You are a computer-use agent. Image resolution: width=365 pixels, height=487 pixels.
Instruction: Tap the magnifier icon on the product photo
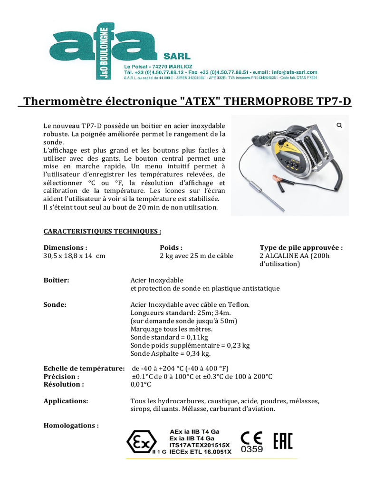(340, 126)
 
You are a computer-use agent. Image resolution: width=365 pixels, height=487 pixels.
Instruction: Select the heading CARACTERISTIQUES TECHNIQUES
(102, 232)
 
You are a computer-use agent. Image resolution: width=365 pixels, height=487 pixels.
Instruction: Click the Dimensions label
(66, 247)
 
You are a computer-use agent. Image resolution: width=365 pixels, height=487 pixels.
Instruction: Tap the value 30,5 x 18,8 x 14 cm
(74, 256)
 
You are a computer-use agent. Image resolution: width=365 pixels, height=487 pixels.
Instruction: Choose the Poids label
(171, 247)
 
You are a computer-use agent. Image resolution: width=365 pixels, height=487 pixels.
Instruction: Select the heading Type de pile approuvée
(301, 247)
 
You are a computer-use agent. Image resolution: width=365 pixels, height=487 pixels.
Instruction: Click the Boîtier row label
(57, 280)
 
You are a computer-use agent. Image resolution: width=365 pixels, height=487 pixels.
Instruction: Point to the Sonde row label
(55, 304)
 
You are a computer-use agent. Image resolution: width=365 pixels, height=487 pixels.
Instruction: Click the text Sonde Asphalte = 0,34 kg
(170, 353)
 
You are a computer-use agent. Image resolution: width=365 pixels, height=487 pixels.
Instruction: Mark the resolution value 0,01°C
(141, 384)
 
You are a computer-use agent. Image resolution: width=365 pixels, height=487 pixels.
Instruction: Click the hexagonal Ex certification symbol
(141, 442)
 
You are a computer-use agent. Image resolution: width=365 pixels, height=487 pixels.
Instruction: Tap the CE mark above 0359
(251, 438)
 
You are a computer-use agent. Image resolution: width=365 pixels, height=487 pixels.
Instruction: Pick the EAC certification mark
(283, 441)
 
